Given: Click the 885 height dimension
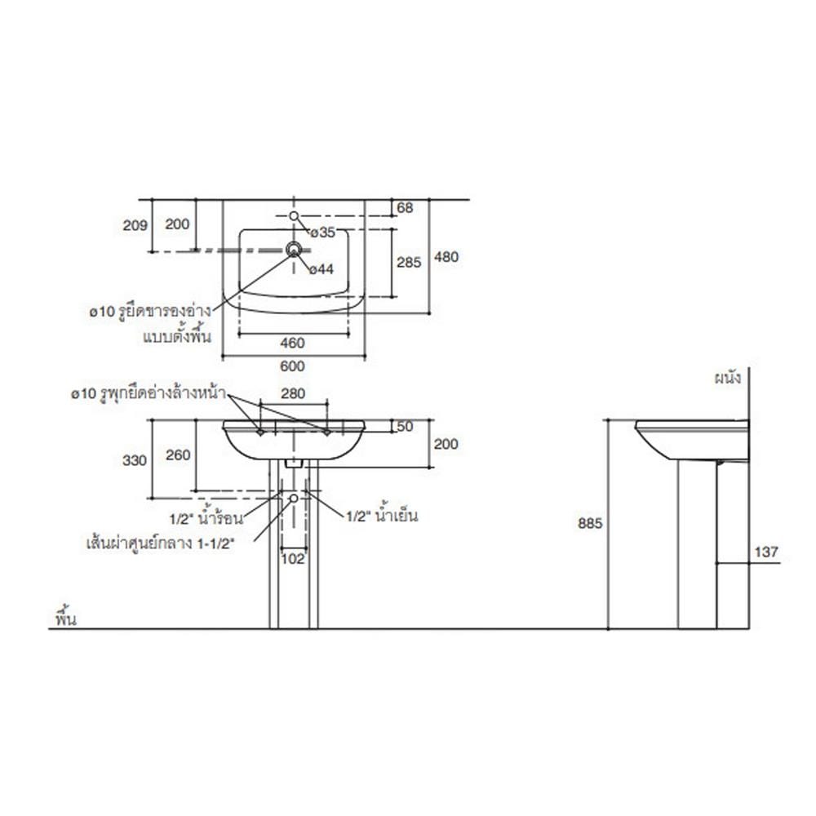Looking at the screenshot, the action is coord(590,523).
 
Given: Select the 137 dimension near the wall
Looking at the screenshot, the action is coord(766,552).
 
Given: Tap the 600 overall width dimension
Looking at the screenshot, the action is coord(292,366).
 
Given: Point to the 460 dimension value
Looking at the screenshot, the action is coord(292,343).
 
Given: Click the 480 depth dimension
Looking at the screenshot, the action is coord(446,256).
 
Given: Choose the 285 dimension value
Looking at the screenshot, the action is coord(409,262).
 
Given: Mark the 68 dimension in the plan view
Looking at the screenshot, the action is coord(405,207).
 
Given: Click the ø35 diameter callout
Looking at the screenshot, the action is coord(322,233).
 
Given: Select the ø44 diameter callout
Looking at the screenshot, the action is coord(321,269).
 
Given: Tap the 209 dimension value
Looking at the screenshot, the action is coord(135,225).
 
